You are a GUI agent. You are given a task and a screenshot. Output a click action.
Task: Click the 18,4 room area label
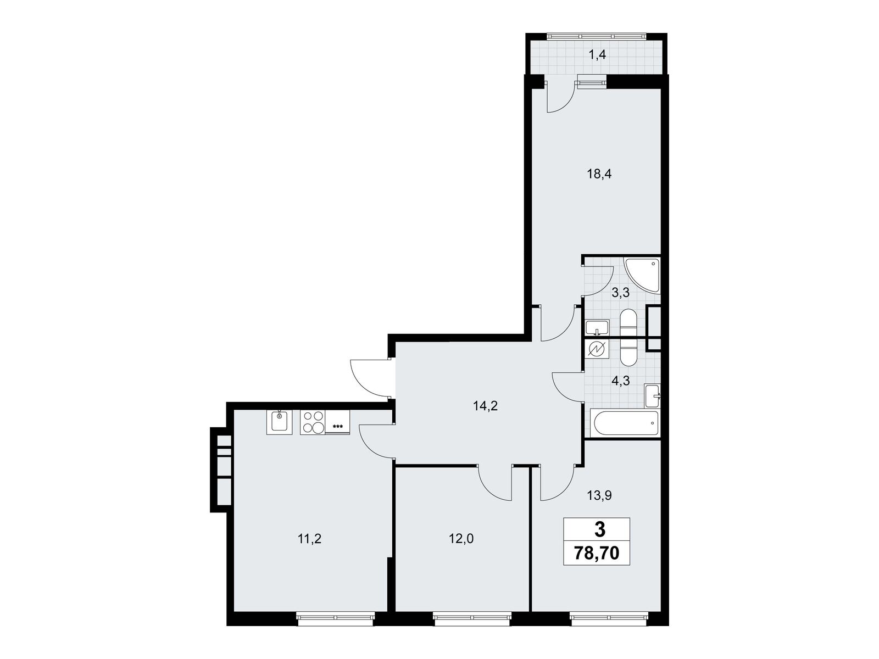[x=599, y=174]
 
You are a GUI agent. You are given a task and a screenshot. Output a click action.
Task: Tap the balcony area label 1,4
[x=597, y=55]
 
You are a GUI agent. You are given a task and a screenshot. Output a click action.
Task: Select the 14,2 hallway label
[x=485, y=406]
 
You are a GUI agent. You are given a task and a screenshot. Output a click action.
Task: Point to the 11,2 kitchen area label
[x=309, y=539]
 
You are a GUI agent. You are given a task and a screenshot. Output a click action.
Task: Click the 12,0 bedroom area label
[x=461, y=539]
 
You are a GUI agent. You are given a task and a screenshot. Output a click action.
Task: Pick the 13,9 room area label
[x=599, y=496]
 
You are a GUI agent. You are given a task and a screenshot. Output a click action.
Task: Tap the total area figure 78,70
[x=597, y=554]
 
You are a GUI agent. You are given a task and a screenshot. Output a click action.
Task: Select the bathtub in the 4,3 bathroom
[x=624, y=423]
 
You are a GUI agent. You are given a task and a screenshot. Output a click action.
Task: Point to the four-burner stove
[x=313, y=422]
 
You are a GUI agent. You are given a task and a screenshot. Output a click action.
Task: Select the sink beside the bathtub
[x=652, y=396]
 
